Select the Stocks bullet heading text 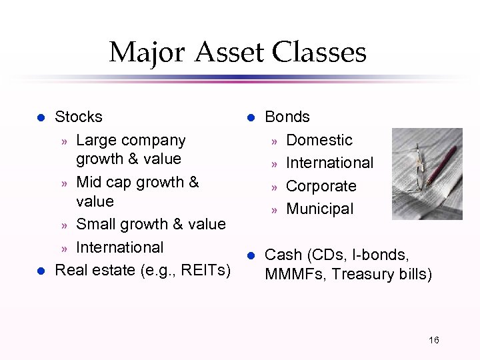(x=78, y=117)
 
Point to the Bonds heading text (x=287, y=117)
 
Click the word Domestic (x=319, y=140)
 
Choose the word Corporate (x=321, y=186)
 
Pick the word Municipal (x=319, y=209)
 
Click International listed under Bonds (x=329, y=163)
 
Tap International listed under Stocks (x=119, y=247)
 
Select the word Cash (x=283, y=255)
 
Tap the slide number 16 (x=433, y=341)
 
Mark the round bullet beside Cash (x=251, y=255)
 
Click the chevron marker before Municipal (x=273, y=209)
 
